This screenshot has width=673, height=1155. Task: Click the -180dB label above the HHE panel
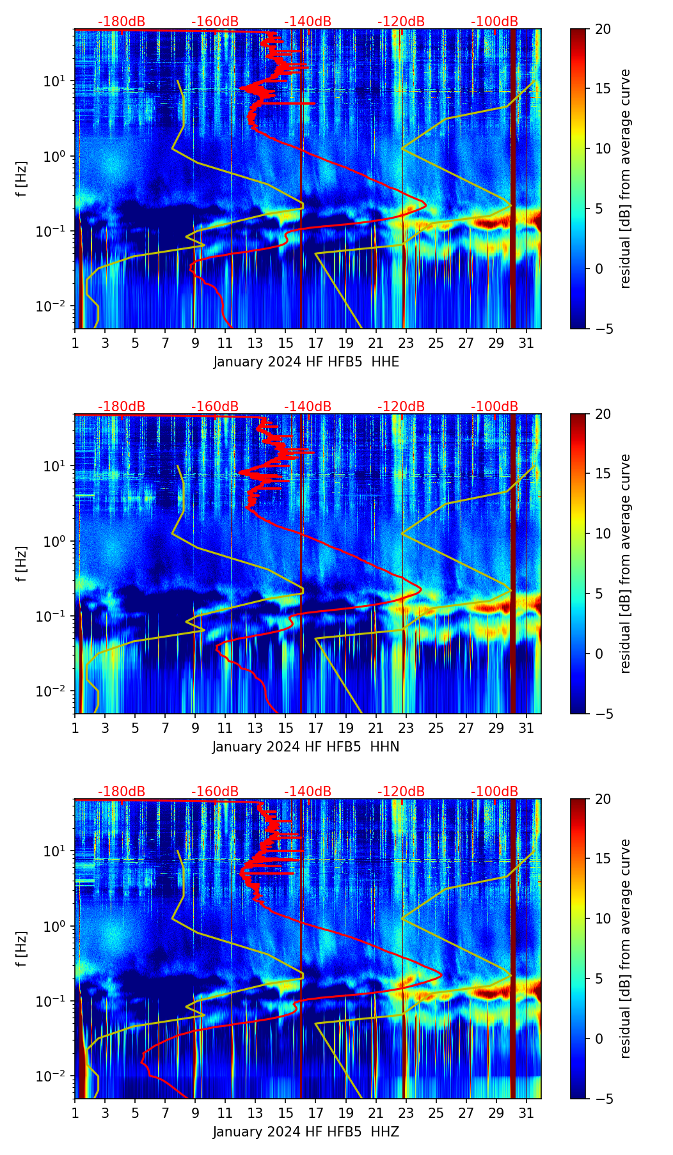pyautogui.click(x=122, y=22)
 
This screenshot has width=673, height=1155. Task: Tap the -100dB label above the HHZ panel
pyautogui.click(x=495, y=792)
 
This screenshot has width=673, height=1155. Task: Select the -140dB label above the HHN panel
pyautogui.click(x=308, y=407)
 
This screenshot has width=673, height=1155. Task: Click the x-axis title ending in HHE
pyautogui.click(x=306, y=362)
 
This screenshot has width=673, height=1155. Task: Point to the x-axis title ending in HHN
pyautogui.click(x=306, y=747)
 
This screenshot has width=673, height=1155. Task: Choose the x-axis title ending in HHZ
pyautogui.click(x=306, y=1132)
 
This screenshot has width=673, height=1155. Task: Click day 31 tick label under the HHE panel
pyautogui.click(x=527, y=343)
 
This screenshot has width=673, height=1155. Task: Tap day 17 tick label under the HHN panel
pyautogui.click(x=316, y=728)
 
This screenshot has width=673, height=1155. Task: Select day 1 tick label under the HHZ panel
pyautogui.click(x=75, y=1113)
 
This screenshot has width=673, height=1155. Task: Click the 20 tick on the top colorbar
pyautogui.click(x=603, y=29)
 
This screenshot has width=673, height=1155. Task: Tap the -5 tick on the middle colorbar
pyautogui.click(x=603, y=713)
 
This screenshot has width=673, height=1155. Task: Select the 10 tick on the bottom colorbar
pyautogui.click(x=603, y=918)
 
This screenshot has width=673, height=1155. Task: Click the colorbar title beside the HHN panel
pyautogui.click(x=625, y=563)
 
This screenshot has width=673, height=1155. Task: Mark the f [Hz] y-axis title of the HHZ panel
pyautogui.click(x=22, y=948)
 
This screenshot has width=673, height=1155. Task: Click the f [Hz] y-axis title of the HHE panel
pyautogui.click(x=22, y=178)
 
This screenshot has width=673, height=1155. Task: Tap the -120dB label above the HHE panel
pyautogui.click(x=401, y=22)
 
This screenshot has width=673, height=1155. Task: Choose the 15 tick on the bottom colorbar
pyautogui.click(x=603, y=859)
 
